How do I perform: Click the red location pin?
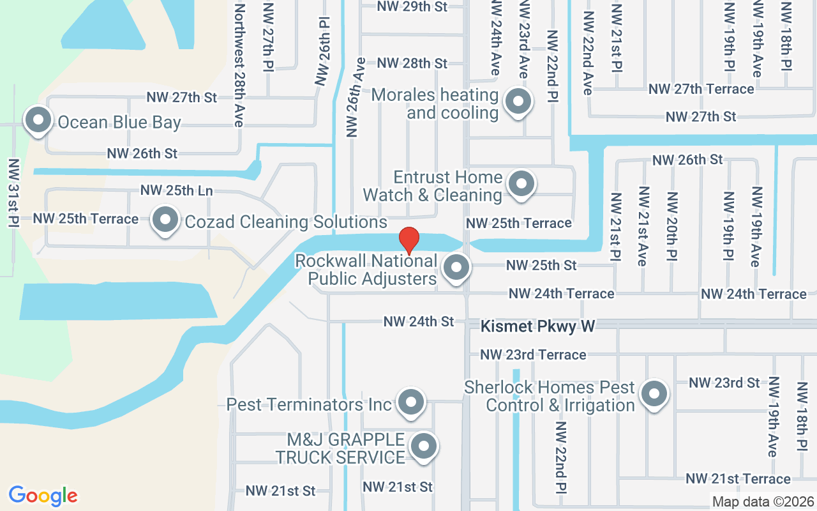pos(408,240)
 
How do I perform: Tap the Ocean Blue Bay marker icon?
pos(38,120)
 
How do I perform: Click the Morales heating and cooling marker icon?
pos(518,102)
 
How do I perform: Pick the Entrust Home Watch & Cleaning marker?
pos(521,184)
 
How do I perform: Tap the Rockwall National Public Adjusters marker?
pos(456,268)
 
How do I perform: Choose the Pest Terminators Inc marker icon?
pos(411,402)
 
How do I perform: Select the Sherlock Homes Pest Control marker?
pos(654,394)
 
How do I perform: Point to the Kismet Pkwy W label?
pos(537,326)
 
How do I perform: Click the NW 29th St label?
pos(412,6)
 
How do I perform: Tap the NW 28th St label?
pos(412,63)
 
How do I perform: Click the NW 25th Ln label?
pos(176,190)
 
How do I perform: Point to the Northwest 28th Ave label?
pos(239,65)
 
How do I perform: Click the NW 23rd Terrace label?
pos(533,355)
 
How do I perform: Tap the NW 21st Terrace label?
pos(738,478)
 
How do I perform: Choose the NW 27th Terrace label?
pos(701,89)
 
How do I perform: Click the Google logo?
pos(43,496)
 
